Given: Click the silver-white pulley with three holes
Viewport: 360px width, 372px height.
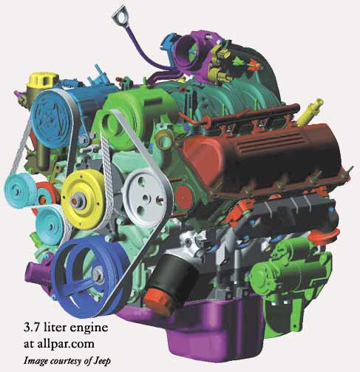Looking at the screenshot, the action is point(145,198).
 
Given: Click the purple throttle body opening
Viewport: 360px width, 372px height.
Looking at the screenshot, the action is point(188,53).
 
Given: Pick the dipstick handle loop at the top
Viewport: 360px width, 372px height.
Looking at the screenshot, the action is point(120,17).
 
